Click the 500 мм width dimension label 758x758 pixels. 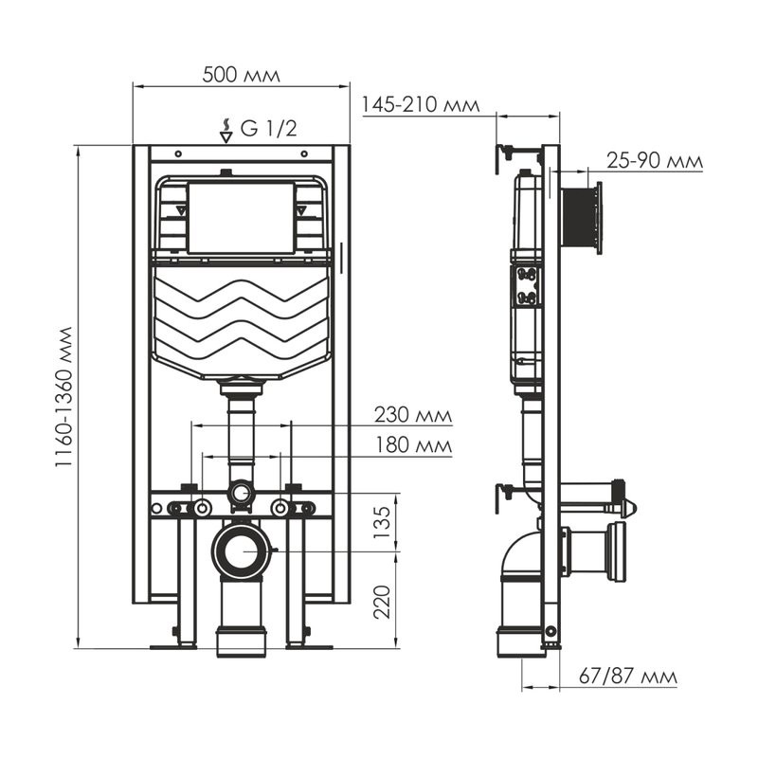pyautogui.click(x=241, y=75)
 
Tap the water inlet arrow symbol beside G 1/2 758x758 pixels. pyautogui.click(x=226, y=131)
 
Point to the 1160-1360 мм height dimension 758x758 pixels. pyautogui.click(x=63, y=397)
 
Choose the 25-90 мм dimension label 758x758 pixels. pyautogui.click(x=655, y=162)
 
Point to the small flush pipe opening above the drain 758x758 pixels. pyautogui.click(x=241, y=493)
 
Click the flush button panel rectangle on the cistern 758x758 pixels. pyautogui.click(x=241, y=217)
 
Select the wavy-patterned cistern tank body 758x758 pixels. pyautogui.click(x=241, y=317)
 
